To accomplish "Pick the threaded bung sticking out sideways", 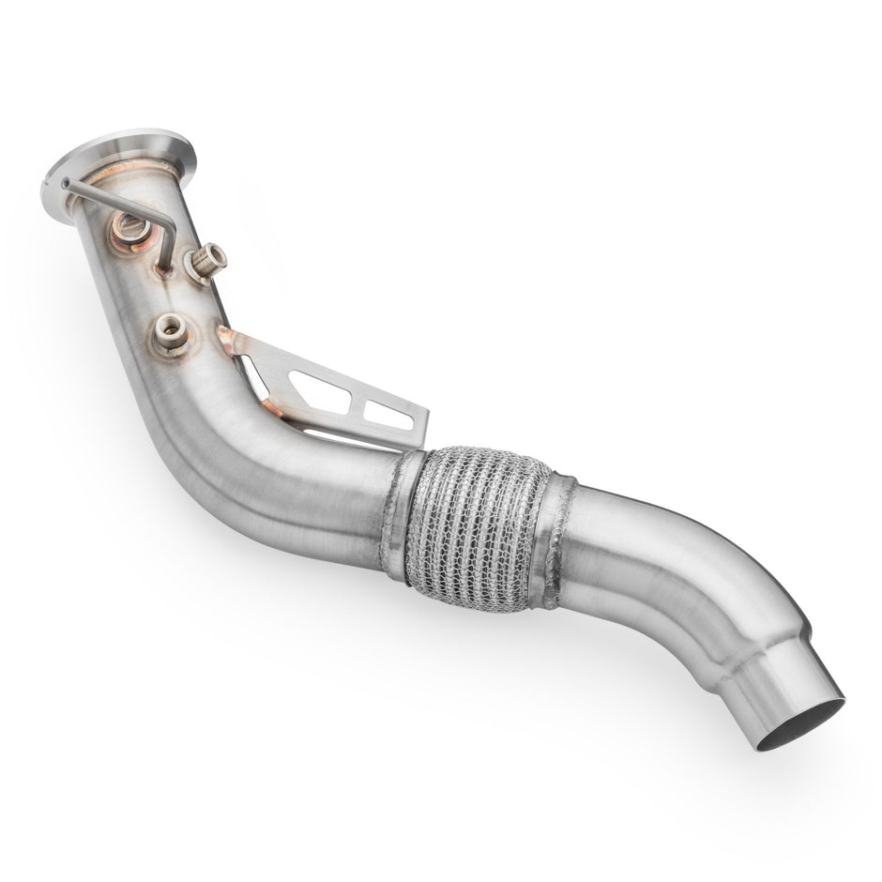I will point(206,260).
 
